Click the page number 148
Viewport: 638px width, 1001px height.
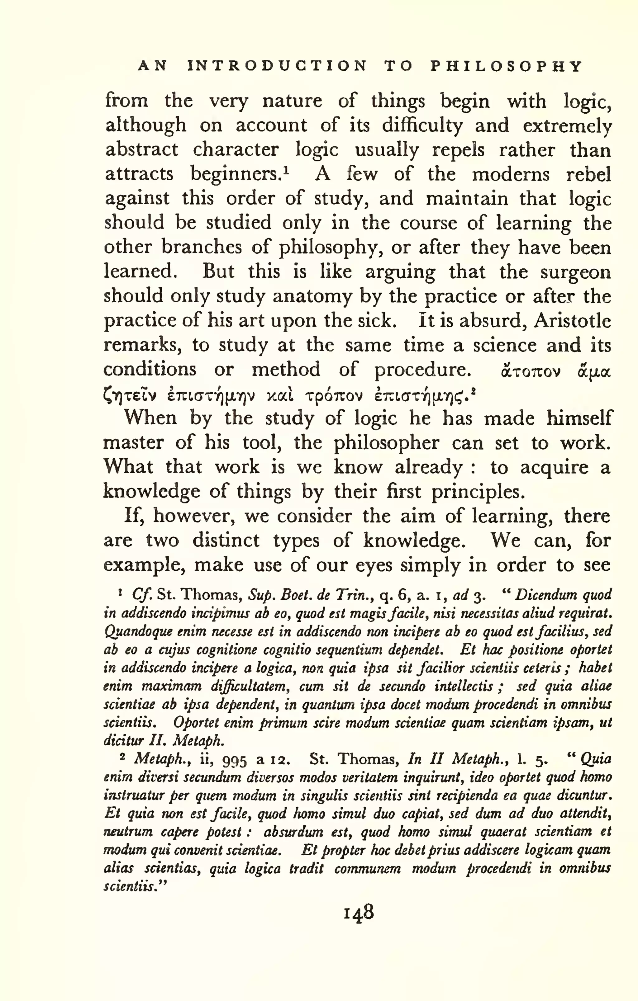(x=359, y=913)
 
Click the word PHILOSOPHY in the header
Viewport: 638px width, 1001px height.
(x=506, y=66)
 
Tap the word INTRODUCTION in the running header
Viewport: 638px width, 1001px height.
(x=277, y=66)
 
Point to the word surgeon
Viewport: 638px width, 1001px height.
(x=576, y=273)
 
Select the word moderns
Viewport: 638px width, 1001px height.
(x=510, y=174)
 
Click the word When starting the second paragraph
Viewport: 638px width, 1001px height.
(x=150, y=418)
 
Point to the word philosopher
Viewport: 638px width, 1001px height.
(x=386, y=443)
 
